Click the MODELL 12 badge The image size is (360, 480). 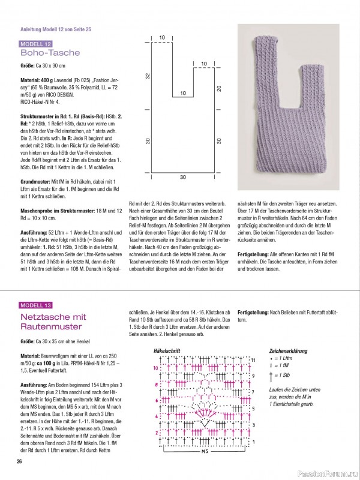tap(36, 44)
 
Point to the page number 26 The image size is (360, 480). tap(19, 461)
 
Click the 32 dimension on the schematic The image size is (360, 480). tap(146, 76)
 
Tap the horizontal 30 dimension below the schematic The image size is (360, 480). tap(182, 178)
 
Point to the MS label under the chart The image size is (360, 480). tap(204, 450)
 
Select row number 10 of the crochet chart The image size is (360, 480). tap(154, 367)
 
